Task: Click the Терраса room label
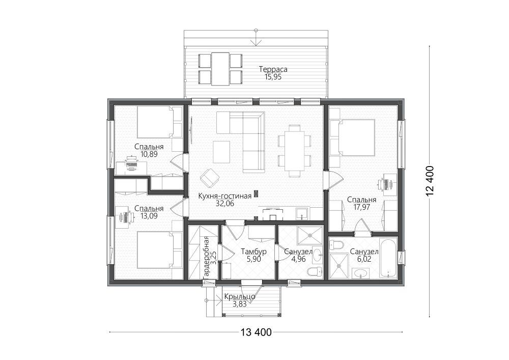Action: click(x=273, y=69)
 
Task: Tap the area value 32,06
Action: click(x=225, y=204)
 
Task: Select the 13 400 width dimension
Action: click(x=256, y=332)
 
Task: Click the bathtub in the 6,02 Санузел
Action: click(x=388, y=258)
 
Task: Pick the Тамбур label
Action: click(x=254, y=252)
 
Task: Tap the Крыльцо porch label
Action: click(x=240, y=297)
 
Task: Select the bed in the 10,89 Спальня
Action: click(x=156, y=122)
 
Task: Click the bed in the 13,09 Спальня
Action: click(x=156, y=250)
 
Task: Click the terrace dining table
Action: click(x=220, y=69)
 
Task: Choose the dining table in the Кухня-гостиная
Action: click(x=294, y=151)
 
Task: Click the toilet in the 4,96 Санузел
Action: click(x=314, y=271)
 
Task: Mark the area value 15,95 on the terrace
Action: click(x=273, y=77)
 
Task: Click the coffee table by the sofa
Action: click(x=221, y=152)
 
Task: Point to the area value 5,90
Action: click(x=254, y=259)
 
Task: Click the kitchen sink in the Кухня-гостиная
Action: click(x=302, y=213)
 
